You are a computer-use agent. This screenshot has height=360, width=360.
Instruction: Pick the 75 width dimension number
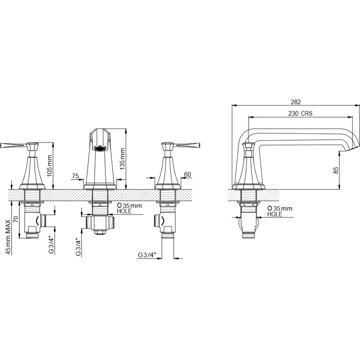click(x=75, y=176)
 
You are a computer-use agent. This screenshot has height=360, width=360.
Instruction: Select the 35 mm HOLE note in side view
click(x=279, y=211)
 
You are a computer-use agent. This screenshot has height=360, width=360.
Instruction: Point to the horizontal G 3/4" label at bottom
click(x=147, y=256)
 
